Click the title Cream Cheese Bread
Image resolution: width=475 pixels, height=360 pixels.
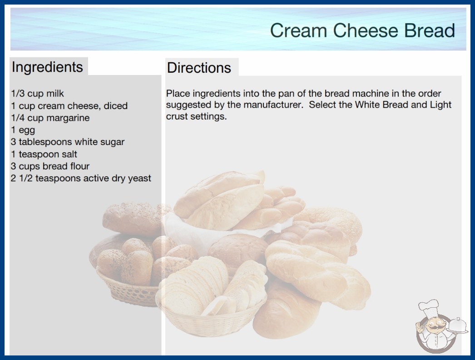(362, 30)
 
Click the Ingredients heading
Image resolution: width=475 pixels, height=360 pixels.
(47, 67)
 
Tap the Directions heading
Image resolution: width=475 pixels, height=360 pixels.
(199, 68)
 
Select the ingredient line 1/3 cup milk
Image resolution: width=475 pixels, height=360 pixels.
(38, 94)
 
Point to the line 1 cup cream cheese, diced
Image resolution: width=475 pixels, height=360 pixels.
(69, 106)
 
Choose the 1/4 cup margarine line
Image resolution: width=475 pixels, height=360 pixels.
(50, 118)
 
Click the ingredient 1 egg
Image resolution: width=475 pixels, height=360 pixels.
(23, 130)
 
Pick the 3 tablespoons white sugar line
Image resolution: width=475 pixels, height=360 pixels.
(68, 142)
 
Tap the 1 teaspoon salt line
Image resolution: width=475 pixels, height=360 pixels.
(44, 154)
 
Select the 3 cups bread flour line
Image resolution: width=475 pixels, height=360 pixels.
(50, 166)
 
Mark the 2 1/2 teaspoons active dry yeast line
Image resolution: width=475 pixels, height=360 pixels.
(81, 178)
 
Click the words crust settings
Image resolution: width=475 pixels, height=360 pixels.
(196, 116)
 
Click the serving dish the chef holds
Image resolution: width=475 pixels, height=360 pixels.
(457, 326)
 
